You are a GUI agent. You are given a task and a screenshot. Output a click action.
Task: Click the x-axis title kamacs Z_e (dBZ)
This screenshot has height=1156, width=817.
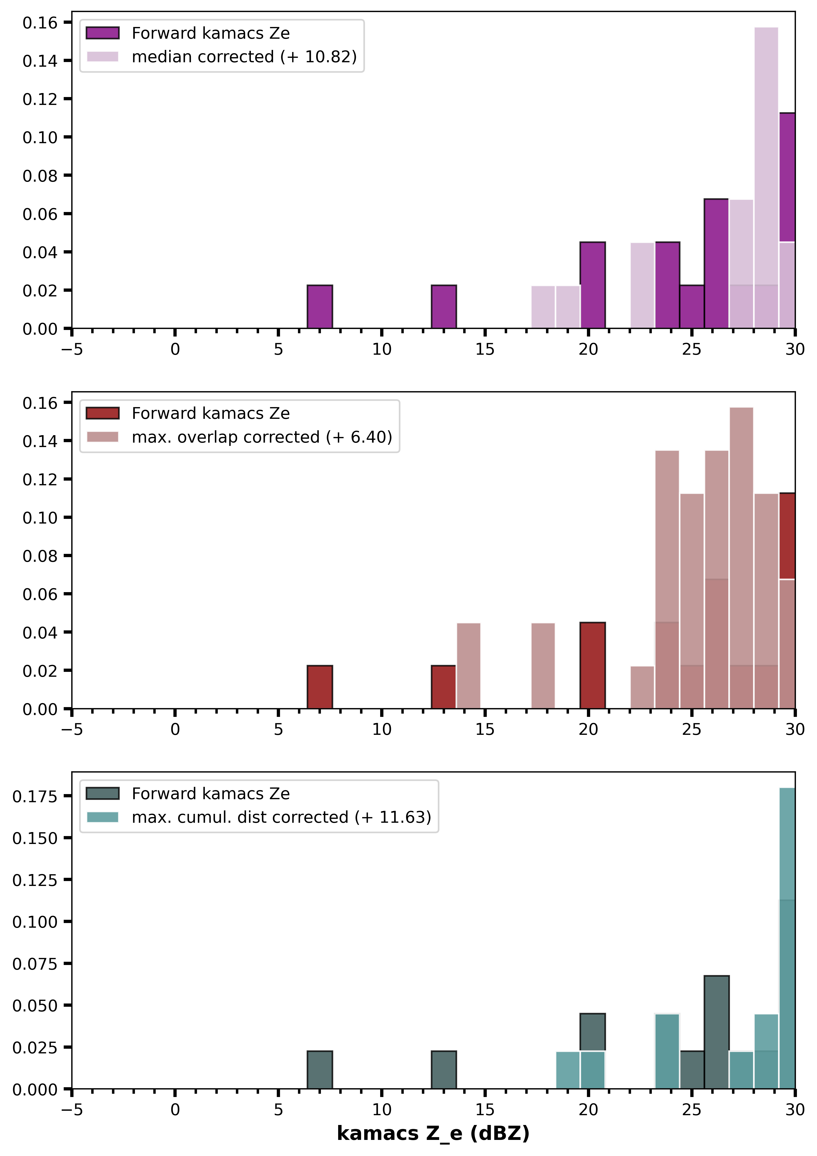[433, 1133]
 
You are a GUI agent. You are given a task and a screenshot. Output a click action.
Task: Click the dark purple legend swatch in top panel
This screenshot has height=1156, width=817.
[103, 33]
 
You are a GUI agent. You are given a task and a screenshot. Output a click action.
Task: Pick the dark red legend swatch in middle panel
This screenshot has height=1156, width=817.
[103, 413]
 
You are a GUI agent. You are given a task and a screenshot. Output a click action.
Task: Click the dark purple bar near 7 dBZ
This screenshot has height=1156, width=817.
[320, 307]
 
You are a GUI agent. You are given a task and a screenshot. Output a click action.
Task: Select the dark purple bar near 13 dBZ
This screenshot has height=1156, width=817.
[444, 307]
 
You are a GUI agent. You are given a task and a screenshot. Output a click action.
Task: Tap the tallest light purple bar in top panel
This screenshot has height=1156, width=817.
[766, 178]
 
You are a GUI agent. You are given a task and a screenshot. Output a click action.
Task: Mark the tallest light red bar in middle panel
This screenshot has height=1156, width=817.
[741, 558]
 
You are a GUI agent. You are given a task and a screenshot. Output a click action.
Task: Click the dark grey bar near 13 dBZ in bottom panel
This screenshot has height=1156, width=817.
[444, 1070]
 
